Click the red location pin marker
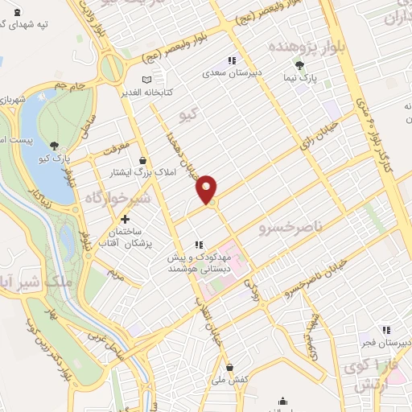pyautogui.click(x=207, y=187)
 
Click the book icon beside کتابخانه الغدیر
pyautogui.click(x=146, y=80)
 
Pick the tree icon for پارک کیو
pyautogui.click(x=53, y=146)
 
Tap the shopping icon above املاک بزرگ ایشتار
pyautogui.click(x=142, y=160)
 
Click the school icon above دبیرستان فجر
pyautogui.click(x=386, y=330)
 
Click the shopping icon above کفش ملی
pyautogui.click(x=229, y=366)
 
